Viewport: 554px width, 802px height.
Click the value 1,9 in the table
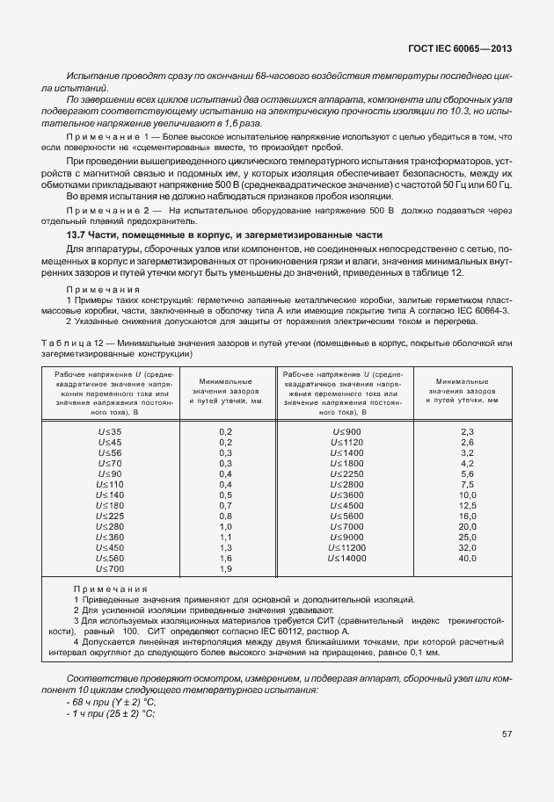pyautogui.click(x=224, y=569)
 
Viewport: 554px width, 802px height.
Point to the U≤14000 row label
pyautogui.click(x=347, y=559)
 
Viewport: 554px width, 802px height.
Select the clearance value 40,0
pyautogui.click(x=467, y=559)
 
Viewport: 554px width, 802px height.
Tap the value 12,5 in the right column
pyautogui.click(x=467, y=506)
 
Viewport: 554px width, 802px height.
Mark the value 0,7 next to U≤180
pyautogui.click(x=224, y=506)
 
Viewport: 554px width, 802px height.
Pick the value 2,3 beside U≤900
pyautogui.click(x=467, y=432)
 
